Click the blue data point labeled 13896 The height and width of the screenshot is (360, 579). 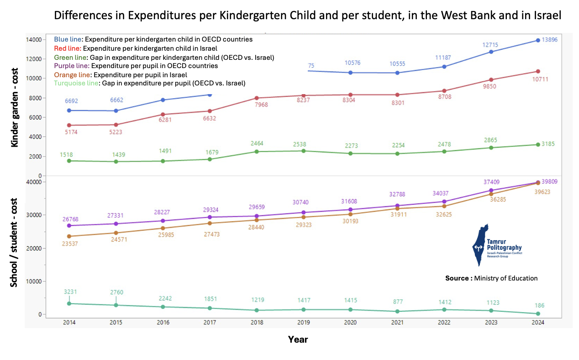538,40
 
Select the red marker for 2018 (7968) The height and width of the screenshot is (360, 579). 257,98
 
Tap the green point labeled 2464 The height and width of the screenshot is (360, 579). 257,151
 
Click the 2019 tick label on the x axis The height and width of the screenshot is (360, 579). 304,323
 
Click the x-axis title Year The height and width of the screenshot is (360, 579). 298,339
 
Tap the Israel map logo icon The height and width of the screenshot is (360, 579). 480,245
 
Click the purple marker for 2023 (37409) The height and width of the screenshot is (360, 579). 491,191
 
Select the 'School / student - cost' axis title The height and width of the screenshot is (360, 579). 15,242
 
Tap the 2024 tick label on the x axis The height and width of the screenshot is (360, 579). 538,323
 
